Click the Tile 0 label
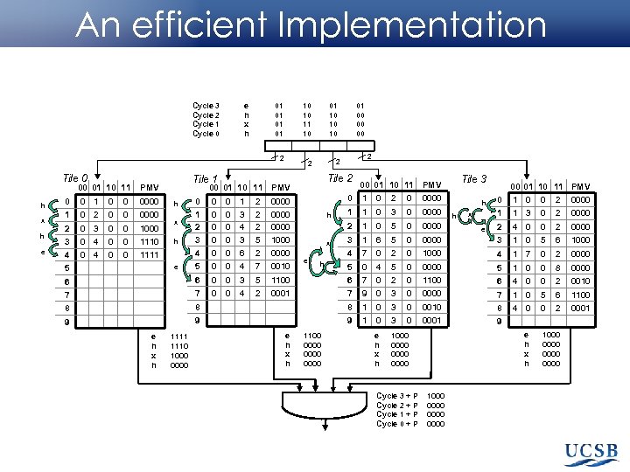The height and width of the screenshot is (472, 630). (x=75, y=178)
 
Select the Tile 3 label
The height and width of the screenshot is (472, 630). (x=474, y=179)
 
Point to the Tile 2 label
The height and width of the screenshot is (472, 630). (x=339, y=178)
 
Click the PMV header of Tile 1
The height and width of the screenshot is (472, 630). (x=280, y=187)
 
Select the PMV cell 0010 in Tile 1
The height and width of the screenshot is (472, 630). (x=280, y=266)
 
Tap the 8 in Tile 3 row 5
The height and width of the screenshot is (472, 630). (x=556, y=267)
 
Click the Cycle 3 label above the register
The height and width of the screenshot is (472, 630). (x=206, y=106)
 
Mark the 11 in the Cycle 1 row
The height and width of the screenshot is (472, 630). (x=307, y=124)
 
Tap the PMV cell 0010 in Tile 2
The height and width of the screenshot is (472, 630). (x=431, y=308)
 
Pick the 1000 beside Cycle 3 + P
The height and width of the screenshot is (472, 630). (x=435, y=396)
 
